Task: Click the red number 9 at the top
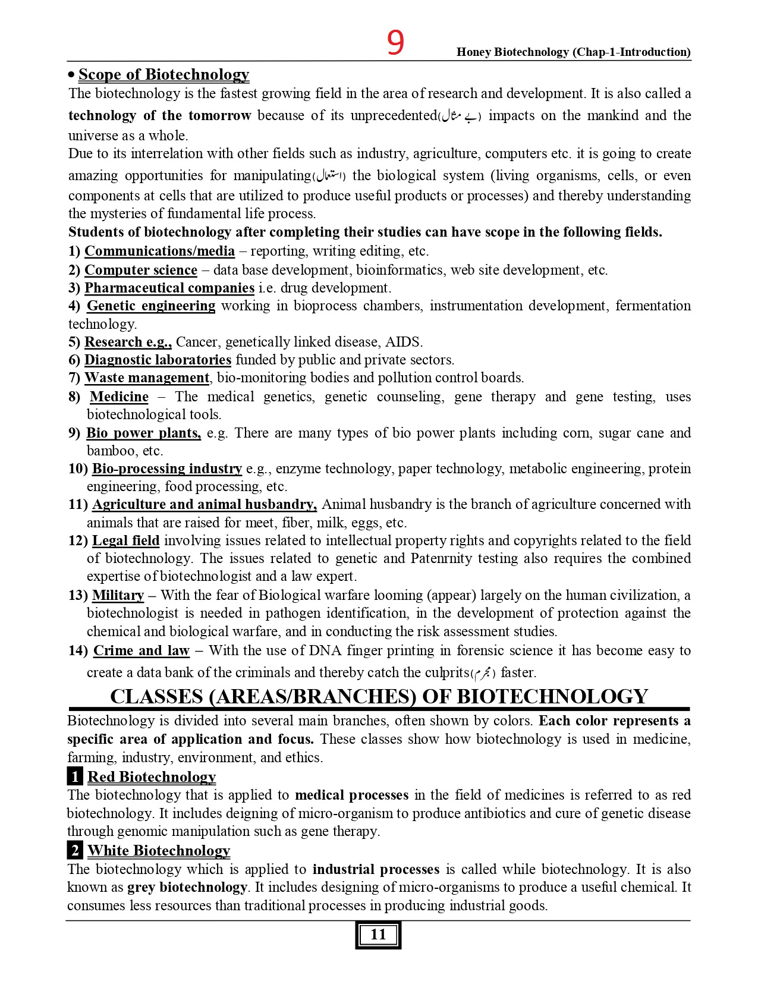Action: pyautogui.click(x=395, y=43)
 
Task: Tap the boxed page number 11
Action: pyautogui.click(x=378, y=935)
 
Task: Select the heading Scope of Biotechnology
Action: pyautogui.click(x=163, y=74)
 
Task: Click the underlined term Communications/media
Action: pyautogui.click(x=159, y=251)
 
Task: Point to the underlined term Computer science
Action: pyautogui.click(x=141, y=270)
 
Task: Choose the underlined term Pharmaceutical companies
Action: pyautogui.click(x=169, y=288)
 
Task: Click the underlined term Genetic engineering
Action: pyautogui.click(x=151, y=306)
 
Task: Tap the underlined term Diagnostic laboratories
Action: pyautogui.click(x=158, y=360)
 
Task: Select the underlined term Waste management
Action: pyautogui.click(x=147, y=378)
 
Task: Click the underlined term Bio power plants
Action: pyautogui.click(x=143, y=433)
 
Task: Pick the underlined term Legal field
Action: pyautogui.click(x=125, y=540)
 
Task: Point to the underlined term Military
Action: pyautogui.click(x=118, y=595)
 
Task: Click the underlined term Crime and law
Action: pyautogui.click(x=141, y=650)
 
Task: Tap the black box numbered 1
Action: pyautogui.click(x=75, y=776)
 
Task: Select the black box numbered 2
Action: pyautogui.click(x=75, y=851)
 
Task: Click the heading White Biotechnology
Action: pyautogui.click(x=159, y=851)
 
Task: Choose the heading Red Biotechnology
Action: pyautogui.click(x=152, y=776)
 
